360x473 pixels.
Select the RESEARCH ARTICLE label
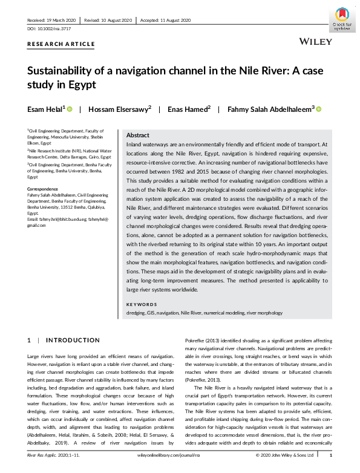coord(61,44)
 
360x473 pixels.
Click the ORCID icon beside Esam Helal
coord(70,109)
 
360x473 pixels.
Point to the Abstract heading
coord(137,136)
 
